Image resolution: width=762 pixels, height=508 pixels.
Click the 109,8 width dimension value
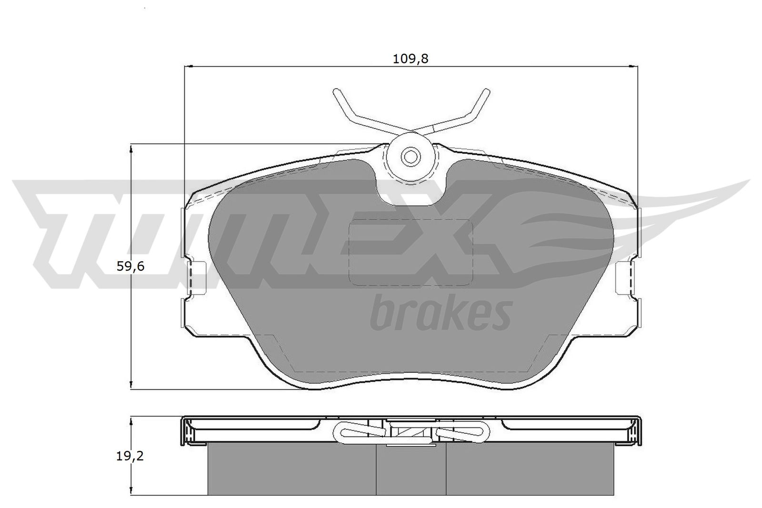pos(411,59)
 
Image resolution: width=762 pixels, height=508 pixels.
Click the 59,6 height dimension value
pos(130,266)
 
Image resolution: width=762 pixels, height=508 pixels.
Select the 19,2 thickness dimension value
pos(130,456)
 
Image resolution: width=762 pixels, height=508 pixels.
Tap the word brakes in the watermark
pos(441,314)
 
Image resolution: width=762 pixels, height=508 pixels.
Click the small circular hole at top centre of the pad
pos(411,157)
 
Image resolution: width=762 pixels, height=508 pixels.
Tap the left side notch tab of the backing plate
pos(197,277)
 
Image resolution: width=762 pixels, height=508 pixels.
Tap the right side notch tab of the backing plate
pos(625,277)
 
